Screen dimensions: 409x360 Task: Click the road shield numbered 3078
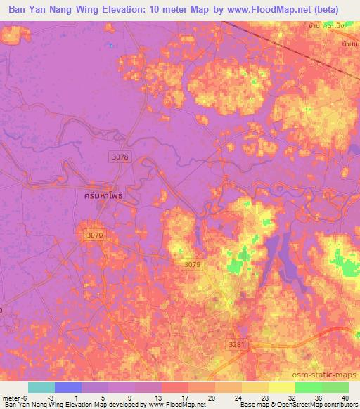pos(120,157)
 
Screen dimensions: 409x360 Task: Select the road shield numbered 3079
pos(192,264)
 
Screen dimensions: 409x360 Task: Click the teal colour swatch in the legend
pos(41,387)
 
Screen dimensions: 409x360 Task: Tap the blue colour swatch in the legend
pos(68,387)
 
